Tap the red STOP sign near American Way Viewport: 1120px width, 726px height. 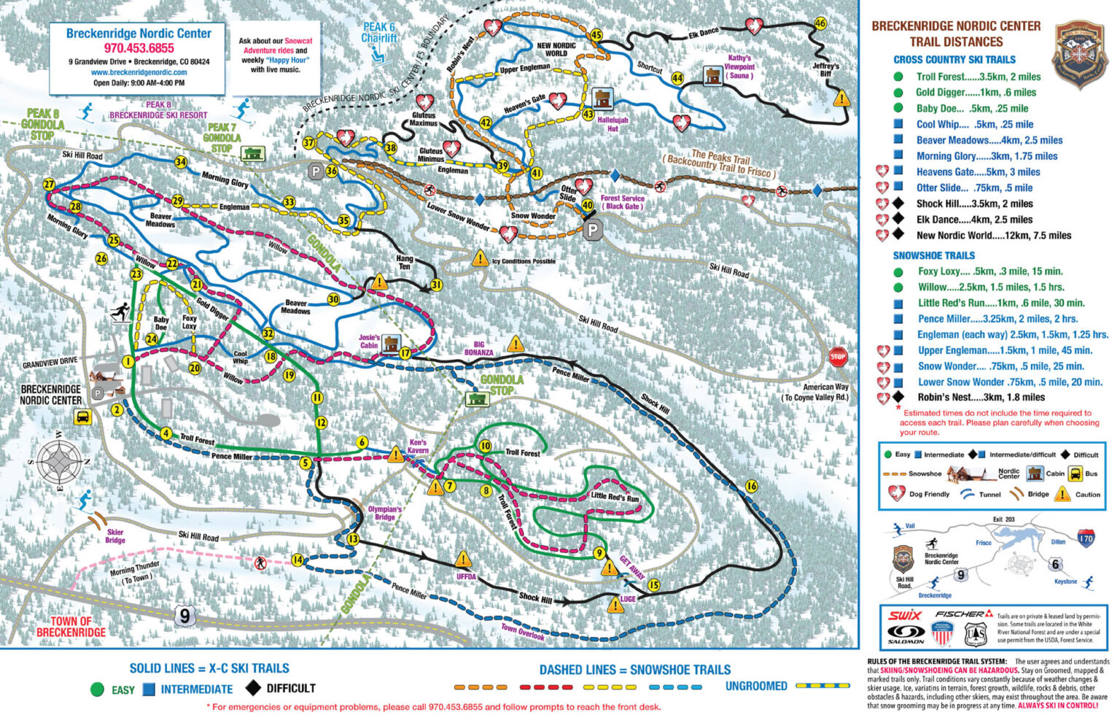[838, 357]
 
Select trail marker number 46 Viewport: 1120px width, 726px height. [820, 23]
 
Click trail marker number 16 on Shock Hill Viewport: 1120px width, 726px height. [751, 487]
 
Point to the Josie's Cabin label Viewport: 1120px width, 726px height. [370, 341]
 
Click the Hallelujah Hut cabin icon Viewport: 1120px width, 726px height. [602, 99]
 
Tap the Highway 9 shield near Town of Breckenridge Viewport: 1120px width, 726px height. [184, 615]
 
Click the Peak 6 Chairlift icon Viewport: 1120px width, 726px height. [378, 53]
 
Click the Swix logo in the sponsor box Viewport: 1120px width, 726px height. [904, 615]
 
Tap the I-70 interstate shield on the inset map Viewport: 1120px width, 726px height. [1086, 539]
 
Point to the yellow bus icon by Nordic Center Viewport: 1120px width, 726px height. [82, 417]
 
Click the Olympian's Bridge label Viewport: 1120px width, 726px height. [384, 513]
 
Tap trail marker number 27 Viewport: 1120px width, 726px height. [49, 185]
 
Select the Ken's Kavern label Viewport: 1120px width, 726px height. [418, 446]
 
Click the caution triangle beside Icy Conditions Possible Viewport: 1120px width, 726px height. [480, 258]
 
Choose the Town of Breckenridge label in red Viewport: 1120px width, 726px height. [71, 627]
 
